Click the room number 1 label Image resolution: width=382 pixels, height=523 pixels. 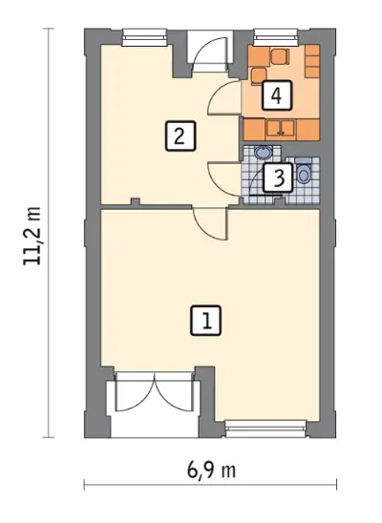click(x=206, y=321)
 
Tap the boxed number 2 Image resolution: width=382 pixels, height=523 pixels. click(x=180, y=136)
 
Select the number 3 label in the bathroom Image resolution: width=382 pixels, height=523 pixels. click(x=279, y=178)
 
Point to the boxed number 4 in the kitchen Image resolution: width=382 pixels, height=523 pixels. click(x=277, y=95)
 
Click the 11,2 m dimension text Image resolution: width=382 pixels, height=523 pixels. click(x=32, y=236)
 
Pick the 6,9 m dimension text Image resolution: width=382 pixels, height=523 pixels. click(x=211, y=471)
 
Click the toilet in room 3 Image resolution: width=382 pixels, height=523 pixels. click(x=304, y=172)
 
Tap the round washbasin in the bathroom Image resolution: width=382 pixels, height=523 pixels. click(x=264, y=153)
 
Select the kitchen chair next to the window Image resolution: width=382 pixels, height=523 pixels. click(x=280, y=56)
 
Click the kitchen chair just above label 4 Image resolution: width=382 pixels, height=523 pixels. click(x=259, y=76)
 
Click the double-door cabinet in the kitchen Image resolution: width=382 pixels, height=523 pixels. click(x=280, y=130)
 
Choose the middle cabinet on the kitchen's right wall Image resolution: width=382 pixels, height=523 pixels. click(x=312, y=61)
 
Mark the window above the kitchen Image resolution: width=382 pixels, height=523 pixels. click(x=276, y=37)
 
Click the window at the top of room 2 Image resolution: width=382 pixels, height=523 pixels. click(x=144, y=37)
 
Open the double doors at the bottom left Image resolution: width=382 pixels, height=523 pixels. click(x=155, y=391)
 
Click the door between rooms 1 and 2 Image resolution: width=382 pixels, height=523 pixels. click(x=211, y=222)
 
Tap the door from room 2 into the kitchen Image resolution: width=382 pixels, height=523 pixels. click(x=224, y=96)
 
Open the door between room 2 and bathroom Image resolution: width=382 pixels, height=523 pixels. click(x=224, y=179)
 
